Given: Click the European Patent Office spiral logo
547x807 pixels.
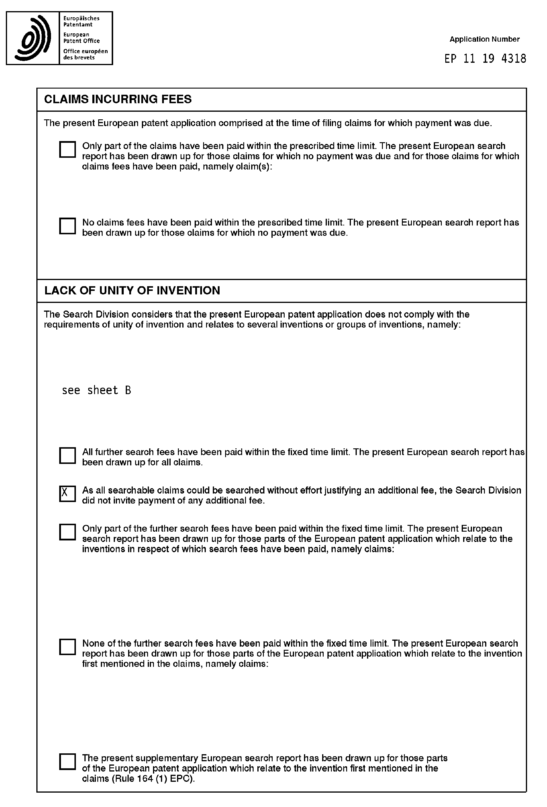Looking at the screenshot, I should coord(33,38).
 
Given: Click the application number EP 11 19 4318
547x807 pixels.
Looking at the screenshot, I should coord(485,59).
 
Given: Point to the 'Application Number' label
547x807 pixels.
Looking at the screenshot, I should coord(485,39).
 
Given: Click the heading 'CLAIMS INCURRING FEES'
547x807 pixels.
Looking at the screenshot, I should coord(118,99).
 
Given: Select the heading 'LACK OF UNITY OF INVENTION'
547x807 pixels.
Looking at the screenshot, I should coord(132,290).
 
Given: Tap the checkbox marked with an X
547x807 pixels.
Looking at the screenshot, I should coord(67,494).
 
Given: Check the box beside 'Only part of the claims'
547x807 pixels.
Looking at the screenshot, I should coord(67,149).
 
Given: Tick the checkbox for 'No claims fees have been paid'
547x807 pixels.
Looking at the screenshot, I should coord(67,226).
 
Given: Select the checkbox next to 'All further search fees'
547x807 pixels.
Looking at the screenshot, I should coord(67,456).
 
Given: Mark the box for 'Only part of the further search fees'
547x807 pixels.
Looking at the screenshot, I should coord(67,532).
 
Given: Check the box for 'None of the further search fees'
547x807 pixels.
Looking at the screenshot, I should coord(67,647).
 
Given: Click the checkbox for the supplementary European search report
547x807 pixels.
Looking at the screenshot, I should coord(67,762).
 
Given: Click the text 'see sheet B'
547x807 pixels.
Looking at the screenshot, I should coord(96,390).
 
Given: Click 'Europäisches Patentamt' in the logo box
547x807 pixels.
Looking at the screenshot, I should coord(81,21).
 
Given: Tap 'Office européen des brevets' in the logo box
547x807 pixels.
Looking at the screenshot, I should coord(85,54).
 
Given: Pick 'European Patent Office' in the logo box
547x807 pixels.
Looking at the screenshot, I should coord(81,38).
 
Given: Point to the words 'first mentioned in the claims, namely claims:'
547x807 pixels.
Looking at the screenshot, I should coord(175,664).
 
